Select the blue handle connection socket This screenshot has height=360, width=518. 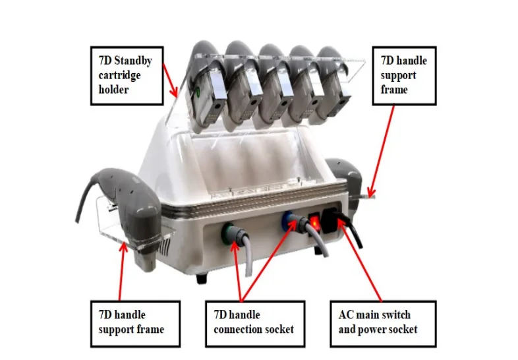290,220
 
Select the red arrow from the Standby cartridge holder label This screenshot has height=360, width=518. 170,82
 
